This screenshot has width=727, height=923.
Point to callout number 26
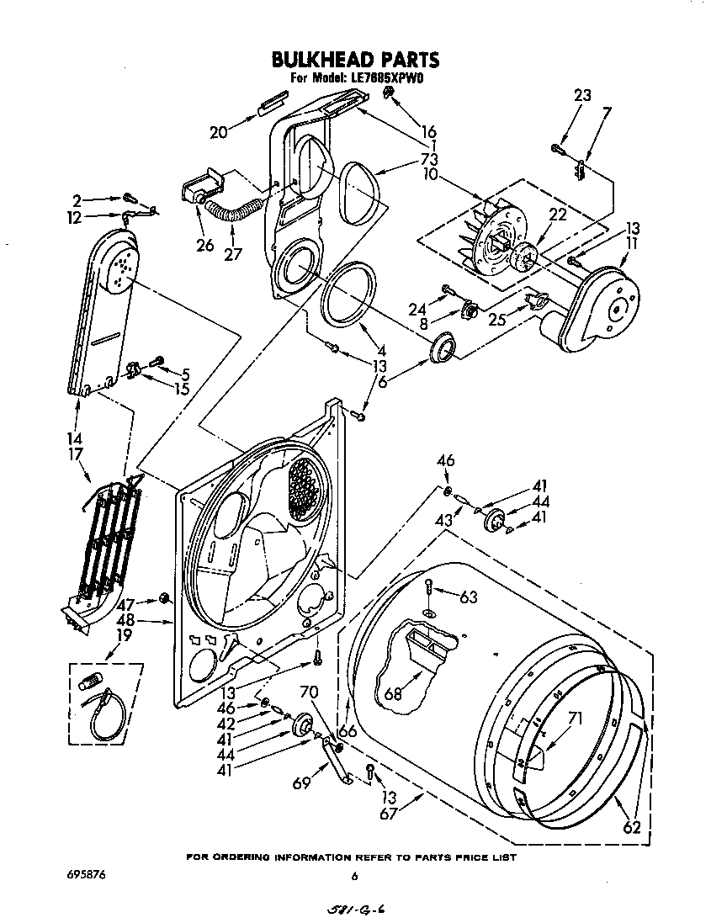click(204, 247)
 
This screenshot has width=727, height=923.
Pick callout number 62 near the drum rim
click(632, 827)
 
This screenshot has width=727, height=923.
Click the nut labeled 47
click(165, 598)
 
